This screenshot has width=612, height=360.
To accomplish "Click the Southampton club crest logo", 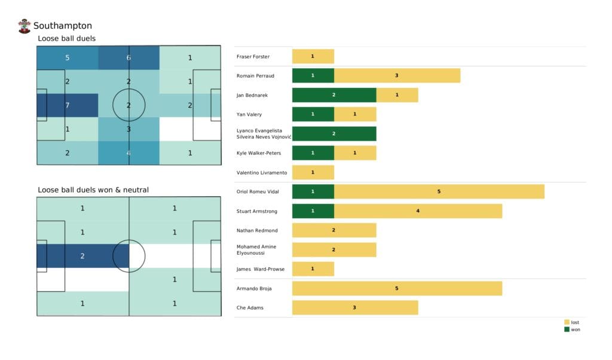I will pos(25,26).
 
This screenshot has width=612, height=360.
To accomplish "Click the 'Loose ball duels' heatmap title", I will pos(66,39).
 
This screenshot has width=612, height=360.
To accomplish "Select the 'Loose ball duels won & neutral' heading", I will pos(93,190).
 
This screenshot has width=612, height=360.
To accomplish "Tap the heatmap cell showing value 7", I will pos(68,105).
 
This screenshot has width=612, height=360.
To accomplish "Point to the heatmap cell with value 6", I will pos(128,58).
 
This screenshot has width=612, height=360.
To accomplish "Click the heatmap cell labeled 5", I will pos(68,58).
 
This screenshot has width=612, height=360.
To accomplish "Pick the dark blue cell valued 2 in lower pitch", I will pos(83,256).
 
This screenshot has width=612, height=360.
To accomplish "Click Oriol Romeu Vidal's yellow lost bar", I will pos(439,191).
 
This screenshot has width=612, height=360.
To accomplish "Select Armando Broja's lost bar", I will pos(397,288).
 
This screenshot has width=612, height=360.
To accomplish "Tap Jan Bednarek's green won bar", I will pos(334,95).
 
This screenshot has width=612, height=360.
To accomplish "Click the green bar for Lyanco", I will pos(334,134).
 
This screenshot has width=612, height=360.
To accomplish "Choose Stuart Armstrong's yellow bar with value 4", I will pos(418,211).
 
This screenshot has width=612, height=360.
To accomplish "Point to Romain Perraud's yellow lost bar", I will pos(397,76).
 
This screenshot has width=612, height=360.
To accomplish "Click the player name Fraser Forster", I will pos(253,57).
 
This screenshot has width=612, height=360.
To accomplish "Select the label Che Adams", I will pos(250,308).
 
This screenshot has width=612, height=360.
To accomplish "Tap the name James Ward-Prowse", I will pos(261,269).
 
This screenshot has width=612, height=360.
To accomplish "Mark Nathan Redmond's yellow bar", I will pos(334,230).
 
